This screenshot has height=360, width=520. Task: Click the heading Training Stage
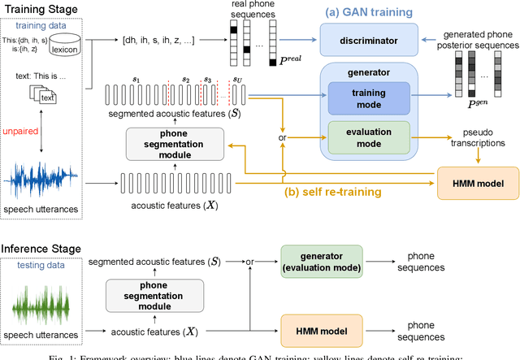tap(40, 10)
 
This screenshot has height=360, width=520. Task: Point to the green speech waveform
tap(40, 312)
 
